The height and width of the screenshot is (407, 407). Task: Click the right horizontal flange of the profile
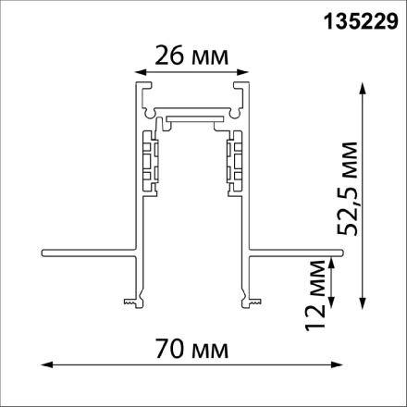(296, 250)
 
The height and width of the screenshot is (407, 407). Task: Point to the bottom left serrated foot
(131, 299)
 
